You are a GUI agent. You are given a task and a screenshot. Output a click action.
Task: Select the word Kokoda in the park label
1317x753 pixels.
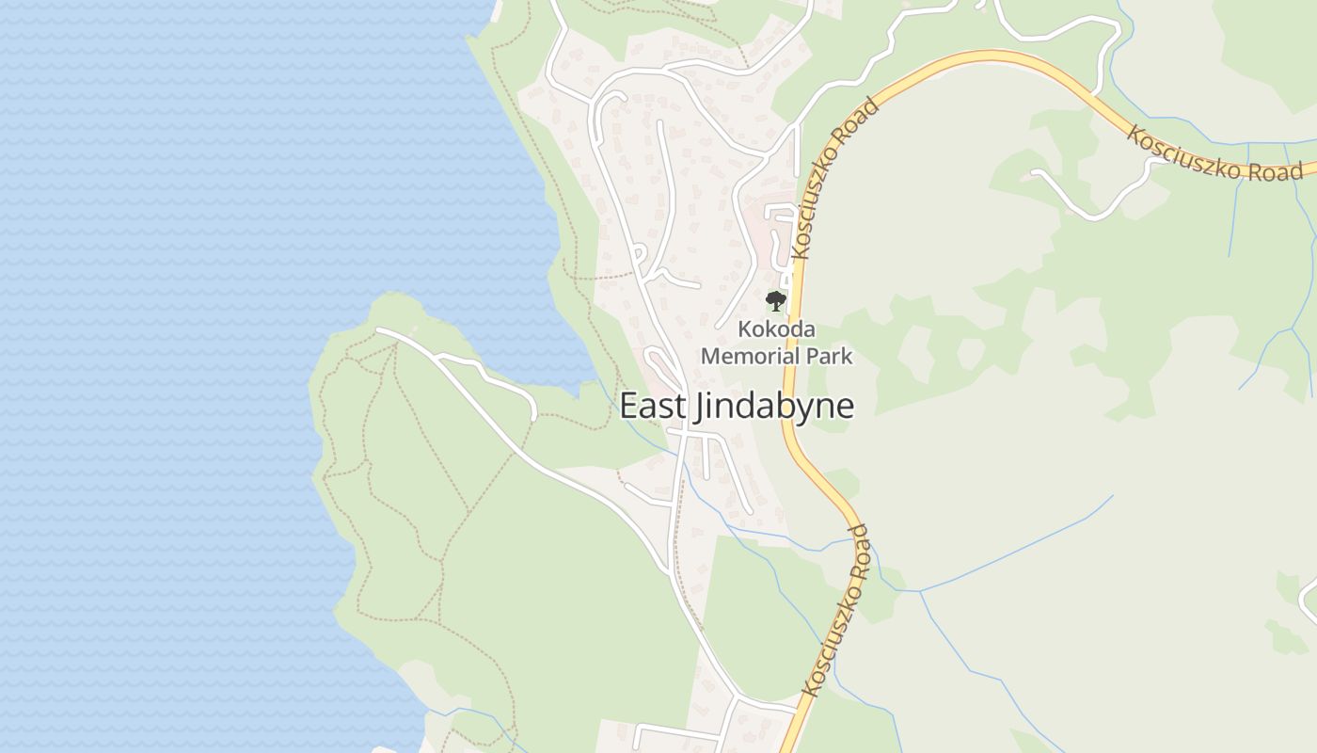tap(776, 330)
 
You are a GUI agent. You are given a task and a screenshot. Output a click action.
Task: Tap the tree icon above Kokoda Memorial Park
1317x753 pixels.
tap(775, 301)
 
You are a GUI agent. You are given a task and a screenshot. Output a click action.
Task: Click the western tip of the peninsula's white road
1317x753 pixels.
tap(377, 329)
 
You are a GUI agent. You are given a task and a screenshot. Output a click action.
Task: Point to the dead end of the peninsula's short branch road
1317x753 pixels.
tap(533, 418)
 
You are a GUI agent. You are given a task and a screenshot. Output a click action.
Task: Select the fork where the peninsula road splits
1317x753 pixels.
tap(438, 359)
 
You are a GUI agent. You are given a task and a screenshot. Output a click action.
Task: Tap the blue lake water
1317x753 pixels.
tap(188, 282)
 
